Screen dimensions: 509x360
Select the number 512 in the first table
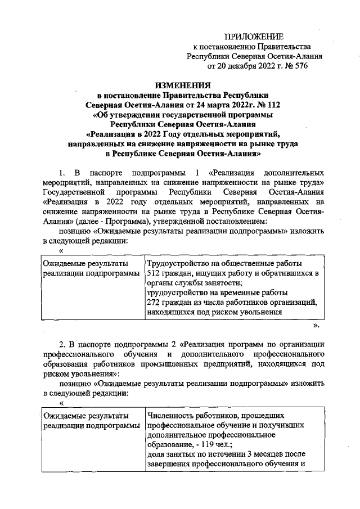coord(154,273)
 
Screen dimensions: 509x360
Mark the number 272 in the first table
coord(154,303)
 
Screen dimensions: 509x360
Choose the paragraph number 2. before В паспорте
coord(63,343)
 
